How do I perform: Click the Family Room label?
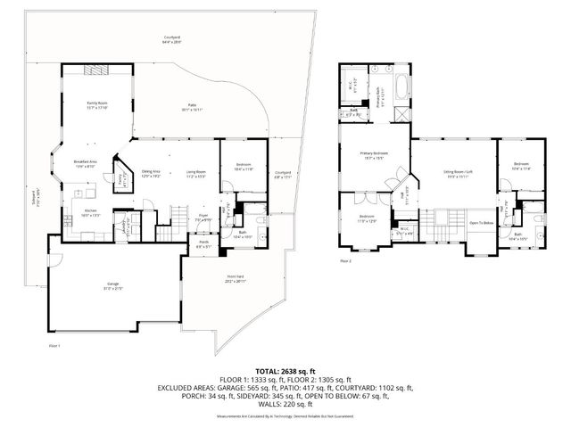click(96, 105)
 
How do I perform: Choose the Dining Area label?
click(151, 173)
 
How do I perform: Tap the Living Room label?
click(195, 173)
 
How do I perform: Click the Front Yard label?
click(235, 278)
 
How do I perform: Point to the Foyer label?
click(203, 216)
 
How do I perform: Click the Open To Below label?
click(482, 223)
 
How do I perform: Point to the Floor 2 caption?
click(345, 261)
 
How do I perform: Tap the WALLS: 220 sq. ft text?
click(285, 404)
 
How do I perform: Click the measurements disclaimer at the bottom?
click(285, 416)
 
